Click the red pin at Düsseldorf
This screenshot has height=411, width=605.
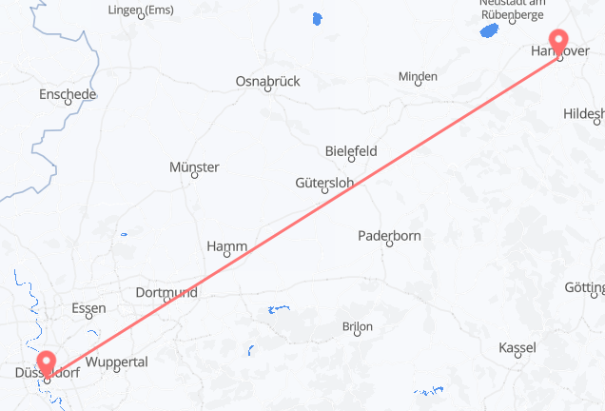47,362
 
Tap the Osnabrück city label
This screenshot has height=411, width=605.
267,82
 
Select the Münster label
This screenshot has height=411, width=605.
194,166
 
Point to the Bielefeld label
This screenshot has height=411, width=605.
351,150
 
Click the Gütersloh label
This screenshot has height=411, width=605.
325,182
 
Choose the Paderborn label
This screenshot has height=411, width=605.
389,235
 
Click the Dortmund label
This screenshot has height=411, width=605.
166,292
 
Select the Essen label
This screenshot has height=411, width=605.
88,308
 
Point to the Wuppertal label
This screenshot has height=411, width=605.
116,362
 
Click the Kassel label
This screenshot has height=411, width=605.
517,347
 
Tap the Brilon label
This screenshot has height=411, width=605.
357,327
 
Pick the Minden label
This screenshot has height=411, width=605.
418,76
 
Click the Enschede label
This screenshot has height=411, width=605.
68,94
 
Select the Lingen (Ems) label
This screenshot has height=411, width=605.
143,10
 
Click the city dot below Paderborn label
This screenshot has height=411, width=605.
390,245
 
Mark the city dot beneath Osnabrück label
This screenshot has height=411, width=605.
267,92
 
